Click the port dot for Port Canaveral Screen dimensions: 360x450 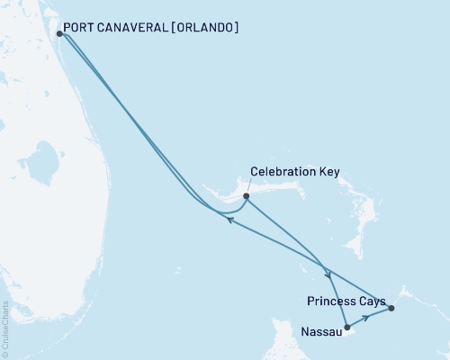coord(59,34)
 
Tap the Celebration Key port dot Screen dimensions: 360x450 coord(246,195)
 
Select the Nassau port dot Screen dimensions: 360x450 coord(346,328)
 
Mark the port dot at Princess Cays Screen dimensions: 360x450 coord(391,309)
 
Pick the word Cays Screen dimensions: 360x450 coord(372,301)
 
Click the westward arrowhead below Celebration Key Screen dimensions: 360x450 coord(230,219)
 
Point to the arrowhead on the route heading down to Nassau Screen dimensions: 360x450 coord(329,274)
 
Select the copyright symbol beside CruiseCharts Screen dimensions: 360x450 coord(5,355)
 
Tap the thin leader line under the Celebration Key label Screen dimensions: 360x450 coord(251,185)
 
